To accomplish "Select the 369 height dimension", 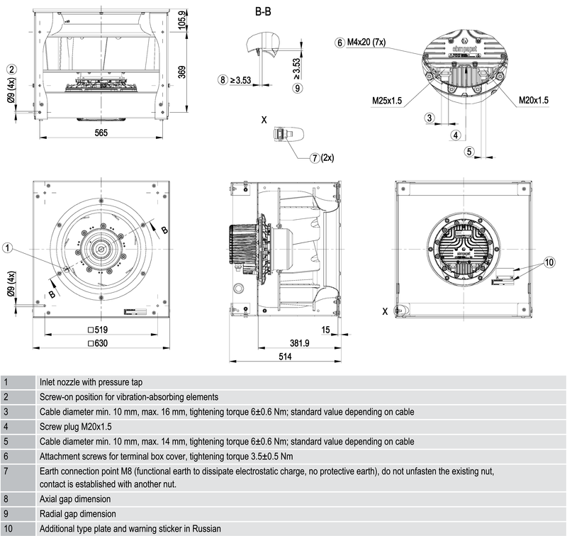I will click(183, 73).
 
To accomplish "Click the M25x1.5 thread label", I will click(387, 101).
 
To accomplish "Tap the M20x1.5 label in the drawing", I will click(534, 101).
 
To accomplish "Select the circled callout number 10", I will click(549, 262).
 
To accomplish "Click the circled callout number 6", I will click(340, 43).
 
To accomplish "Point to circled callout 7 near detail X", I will click(315, 157).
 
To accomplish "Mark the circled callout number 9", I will click(297, 87).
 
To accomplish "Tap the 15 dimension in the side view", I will click(325, 330).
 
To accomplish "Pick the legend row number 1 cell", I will click(6, 382).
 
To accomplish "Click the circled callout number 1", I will click(8, 247).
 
